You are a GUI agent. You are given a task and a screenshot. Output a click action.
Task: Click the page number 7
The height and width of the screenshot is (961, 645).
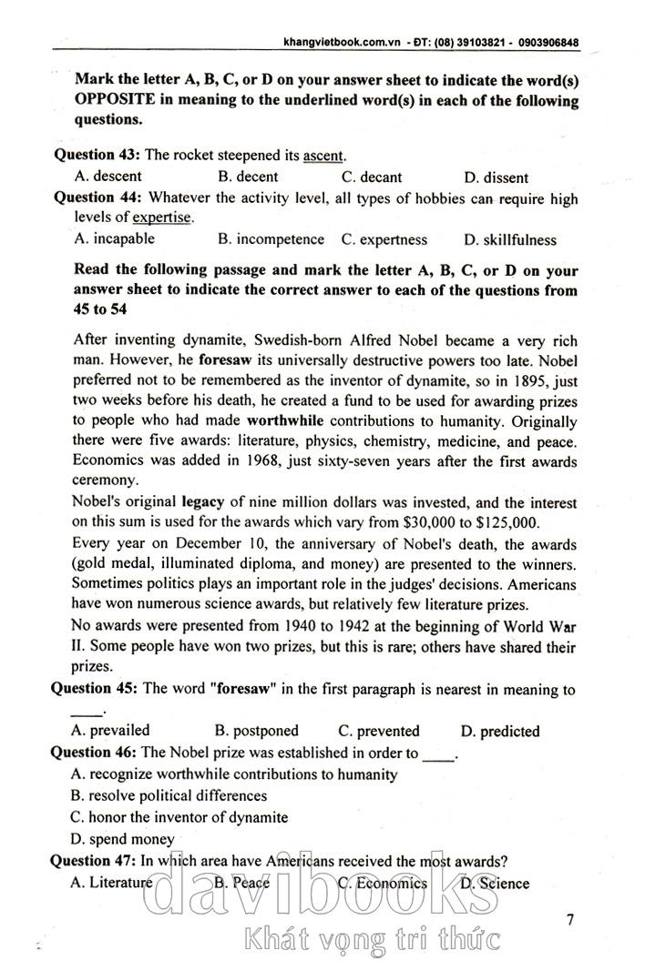tap(569, 919)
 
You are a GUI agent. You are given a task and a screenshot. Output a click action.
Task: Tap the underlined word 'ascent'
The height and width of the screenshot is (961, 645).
tap(323, 156)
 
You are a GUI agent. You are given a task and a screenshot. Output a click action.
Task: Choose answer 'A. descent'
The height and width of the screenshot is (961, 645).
tap(107, 177)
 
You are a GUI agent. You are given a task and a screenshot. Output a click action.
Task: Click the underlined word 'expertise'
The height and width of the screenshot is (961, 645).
tap(162, 217)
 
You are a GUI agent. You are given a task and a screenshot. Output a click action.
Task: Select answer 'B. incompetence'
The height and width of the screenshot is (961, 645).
tap(271, 239)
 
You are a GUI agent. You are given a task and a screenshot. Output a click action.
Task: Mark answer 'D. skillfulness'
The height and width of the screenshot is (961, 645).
tap(509, 240)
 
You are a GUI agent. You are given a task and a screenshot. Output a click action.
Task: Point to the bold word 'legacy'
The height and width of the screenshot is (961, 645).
tap(203, 501)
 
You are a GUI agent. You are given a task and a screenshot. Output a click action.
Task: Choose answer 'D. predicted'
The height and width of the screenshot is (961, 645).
tap(500, 731)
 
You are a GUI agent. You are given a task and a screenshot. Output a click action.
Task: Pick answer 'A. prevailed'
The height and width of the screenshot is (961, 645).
tap(109, 731)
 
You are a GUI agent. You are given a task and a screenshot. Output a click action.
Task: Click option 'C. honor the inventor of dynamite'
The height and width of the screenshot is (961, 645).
tap(179, 817)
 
